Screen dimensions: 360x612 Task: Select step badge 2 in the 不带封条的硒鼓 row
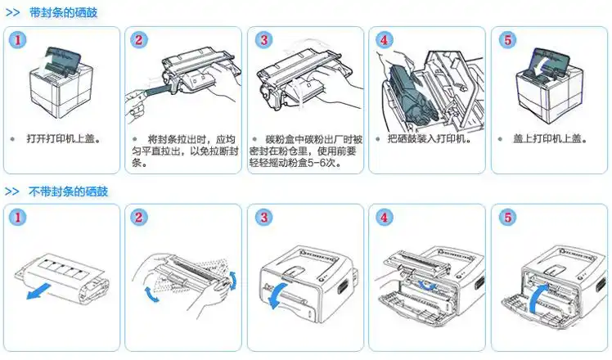tap(140, 218)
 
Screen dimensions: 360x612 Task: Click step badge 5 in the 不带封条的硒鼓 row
tap(507, 218)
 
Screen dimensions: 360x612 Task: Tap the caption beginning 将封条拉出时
tap(184, 151)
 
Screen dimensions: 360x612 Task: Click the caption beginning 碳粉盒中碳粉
tap(306, 151)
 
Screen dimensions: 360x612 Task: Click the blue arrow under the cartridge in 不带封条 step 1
tap(38, 290)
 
